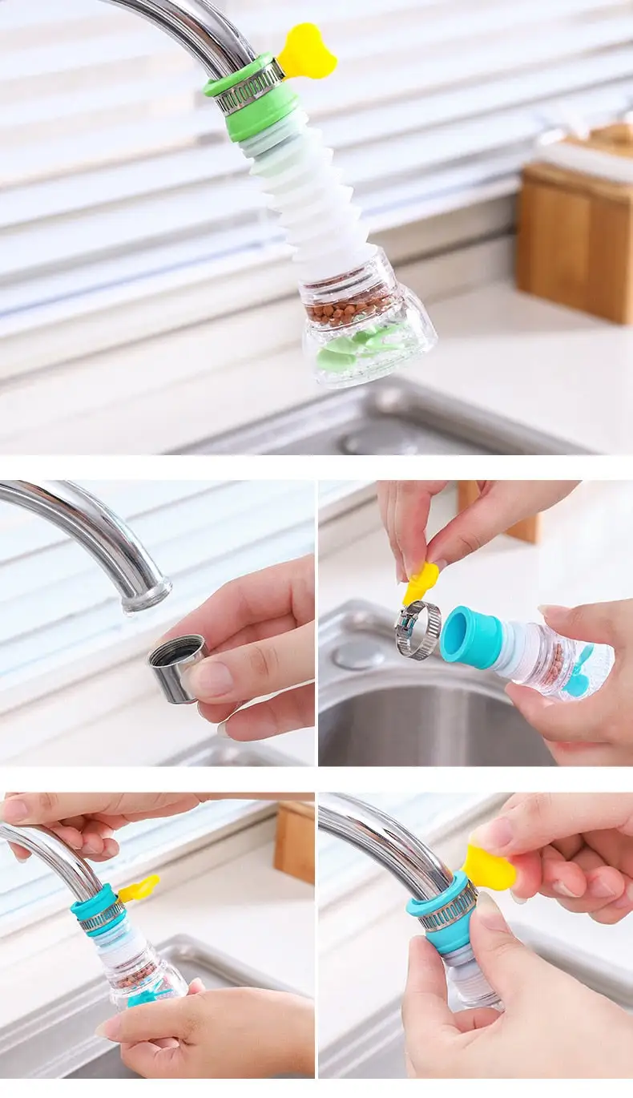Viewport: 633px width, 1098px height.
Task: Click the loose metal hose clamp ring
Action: pos(417,629)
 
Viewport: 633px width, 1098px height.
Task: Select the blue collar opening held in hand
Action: pos(470,636)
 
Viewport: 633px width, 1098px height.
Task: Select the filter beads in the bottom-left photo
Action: pos(132,975)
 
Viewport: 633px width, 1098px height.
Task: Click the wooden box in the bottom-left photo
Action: pos(294,842)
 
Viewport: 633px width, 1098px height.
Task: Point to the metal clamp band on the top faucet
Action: pos(249,89)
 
